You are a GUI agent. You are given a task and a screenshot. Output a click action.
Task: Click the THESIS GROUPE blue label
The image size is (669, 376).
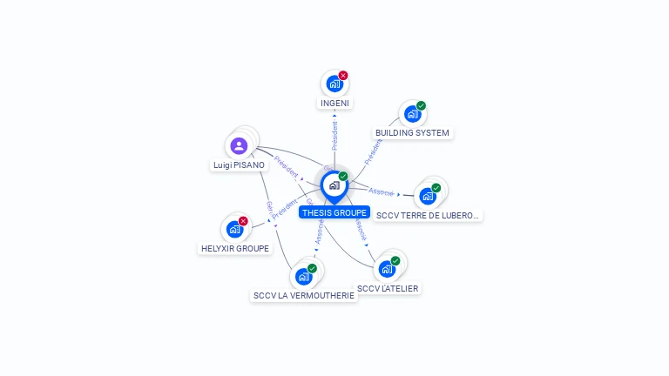coord(334,212)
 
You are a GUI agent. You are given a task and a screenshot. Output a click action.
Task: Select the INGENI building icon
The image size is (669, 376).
coord(333,84)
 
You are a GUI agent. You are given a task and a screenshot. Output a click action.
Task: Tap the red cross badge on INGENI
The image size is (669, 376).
coord(343,76)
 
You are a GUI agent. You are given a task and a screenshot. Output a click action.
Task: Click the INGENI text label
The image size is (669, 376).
coord(334,104)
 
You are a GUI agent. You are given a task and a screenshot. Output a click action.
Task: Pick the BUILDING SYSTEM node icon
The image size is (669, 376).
coord(411,114)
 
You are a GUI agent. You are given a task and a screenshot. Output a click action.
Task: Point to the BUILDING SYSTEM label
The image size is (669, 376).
coord(412,133)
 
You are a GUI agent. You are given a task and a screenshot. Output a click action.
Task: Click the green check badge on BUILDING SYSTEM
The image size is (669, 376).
coord(422,106)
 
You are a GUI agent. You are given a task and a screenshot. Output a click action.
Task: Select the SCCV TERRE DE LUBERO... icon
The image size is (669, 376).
coord(427,196)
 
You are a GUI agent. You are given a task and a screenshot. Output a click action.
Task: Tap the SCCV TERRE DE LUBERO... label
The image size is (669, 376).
coord(428,215)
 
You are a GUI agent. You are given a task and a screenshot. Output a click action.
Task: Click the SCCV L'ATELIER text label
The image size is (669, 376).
coord(388,288)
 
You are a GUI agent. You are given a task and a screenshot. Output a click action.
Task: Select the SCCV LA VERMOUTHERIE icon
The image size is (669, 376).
coord(303,277)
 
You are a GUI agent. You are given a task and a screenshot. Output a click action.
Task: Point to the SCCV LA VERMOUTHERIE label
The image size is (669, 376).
coord(304,296)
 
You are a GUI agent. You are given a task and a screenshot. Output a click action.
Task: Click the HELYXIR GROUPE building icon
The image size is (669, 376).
coord(233,230)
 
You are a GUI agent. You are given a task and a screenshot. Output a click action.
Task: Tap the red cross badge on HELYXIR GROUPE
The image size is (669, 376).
coord(243,221)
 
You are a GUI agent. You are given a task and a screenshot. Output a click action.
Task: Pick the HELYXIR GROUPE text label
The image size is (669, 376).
coord(235,248)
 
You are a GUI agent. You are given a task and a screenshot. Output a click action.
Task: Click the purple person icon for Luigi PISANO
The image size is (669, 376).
coord(240,145)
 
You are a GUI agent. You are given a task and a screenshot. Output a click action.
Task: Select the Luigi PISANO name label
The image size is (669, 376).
coord(239,164)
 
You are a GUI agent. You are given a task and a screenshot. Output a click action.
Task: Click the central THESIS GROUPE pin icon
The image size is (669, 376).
coord(334,185)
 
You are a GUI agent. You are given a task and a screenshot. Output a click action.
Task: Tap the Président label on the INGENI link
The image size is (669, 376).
coord(334,137)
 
